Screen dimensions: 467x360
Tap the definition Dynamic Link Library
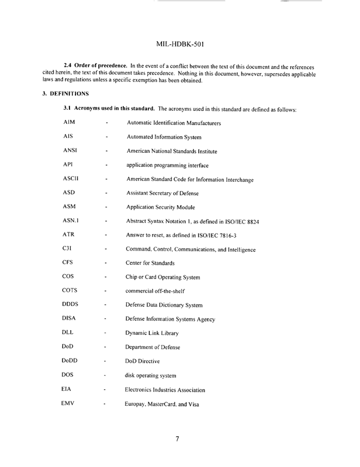[156, 333]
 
